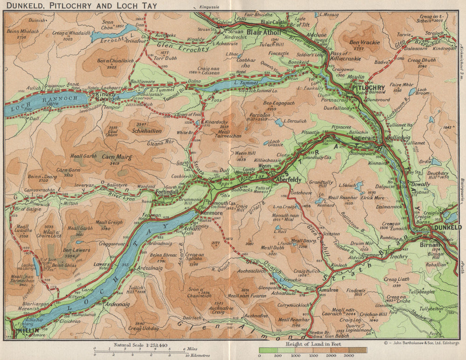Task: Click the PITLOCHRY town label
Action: point(368,88)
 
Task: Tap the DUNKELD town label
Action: point(447,227)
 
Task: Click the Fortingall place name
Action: point(167,192)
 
